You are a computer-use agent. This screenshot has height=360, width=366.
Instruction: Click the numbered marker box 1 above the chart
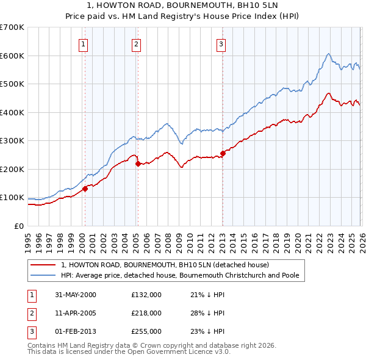pyautogui.click(x=82, y=43)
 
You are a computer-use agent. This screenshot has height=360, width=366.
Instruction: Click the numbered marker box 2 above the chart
pyautogui.click(x=135, y=43)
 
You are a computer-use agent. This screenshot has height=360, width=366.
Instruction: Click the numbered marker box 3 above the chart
pyautogui.click(x=220, y=43)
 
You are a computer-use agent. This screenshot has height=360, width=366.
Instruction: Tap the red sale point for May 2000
pyautogui.click(x=85, y=189)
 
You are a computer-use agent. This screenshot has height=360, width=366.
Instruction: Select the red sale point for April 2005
pyautogui.click(x=138, y=164)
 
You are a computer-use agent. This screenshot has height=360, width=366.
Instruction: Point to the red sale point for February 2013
pyautogui.click(x=223, y=153)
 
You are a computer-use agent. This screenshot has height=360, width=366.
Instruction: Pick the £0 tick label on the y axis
pyautogui.click(x=19, y=226)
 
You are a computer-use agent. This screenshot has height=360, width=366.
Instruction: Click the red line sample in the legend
pyautogui.click(x=44, y=265)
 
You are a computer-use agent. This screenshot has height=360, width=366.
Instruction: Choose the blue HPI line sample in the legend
pyautogui.click(x=44, y=275)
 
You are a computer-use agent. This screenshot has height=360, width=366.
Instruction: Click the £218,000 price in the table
pyautogui.click(x=146, y=313)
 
